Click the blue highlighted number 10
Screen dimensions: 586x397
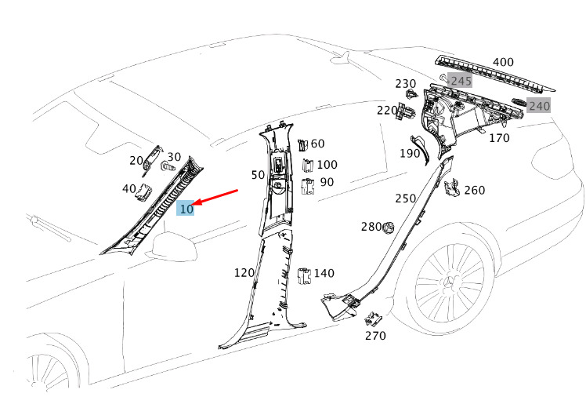(186, 209)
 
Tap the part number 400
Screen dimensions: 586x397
(503, 63)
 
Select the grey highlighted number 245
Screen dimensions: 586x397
(460, 80)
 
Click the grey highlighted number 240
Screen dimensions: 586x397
(539, 106)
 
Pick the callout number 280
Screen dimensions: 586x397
(371, 227)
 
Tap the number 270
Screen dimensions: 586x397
(375, 336)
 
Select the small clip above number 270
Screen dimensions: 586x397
(373, 318)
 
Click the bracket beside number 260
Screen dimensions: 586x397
(452, 188)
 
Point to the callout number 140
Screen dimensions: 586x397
(324, 273)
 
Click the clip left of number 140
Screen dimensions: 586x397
(305, 274)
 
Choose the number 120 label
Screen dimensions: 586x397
(244, 273)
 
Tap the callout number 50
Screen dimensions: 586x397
(258, 174)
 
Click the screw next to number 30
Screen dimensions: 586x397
(167, 167)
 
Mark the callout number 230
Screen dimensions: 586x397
(405, 84)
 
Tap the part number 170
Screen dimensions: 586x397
(499, 138)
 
